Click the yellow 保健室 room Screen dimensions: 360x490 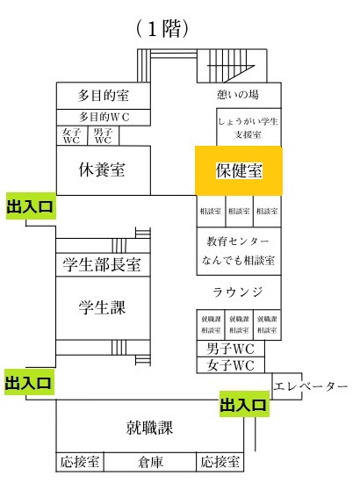tap(239, 170)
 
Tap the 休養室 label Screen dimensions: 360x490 tap(102, 169)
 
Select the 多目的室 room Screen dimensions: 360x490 tap(103, 96)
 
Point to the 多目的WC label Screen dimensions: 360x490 tap(104, 117)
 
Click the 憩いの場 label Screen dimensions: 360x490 tap(238, 94)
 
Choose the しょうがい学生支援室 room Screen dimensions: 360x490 tap(248, 127)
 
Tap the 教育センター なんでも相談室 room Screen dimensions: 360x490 tap(239, 251)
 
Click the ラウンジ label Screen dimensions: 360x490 tap(238, 292)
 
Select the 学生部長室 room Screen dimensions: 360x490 tap(103, 264)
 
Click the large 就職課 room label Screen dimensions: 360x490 tap(149, 427)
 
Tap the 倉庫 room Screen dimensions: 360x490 tap(150, 462)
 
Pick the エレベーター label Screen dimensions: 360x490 tap(310, 386)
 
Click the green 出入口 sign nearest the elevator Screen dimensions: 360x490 tap(244, 404)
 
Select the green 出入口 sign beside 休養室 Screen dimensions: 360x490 tap(31, 206)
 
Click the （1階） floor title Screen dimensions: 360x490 tap(162, 29)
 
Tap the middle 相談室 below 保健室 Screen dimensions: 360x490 tap(239, 212)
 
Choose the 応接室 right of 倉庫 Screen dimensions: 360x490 tap(220, 462)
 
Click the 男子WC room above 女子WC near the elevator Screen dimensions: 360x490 tap(231, 349)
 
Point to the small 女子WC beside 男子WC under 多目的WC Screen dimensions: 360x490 tap(72, 136)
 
